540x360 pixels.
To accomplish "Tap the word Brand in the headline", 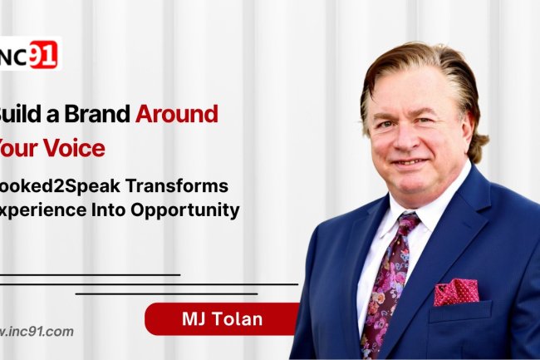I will point(92,114).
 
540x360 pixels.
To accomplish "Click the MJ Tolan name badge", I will point(221,318).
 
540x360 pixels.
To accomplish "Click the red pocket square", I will point(456,290).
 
